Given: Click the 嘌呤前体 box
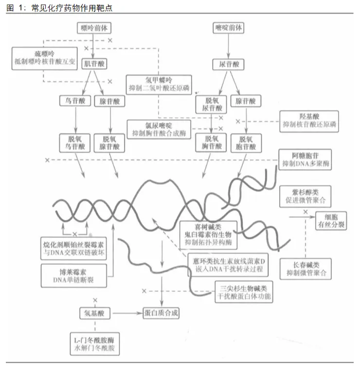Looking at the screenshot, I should [93, 28].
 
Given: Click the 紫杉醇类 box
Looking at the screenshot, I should [305, 196].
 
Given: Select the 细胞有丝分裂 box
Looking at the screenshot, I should [333, 220].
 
